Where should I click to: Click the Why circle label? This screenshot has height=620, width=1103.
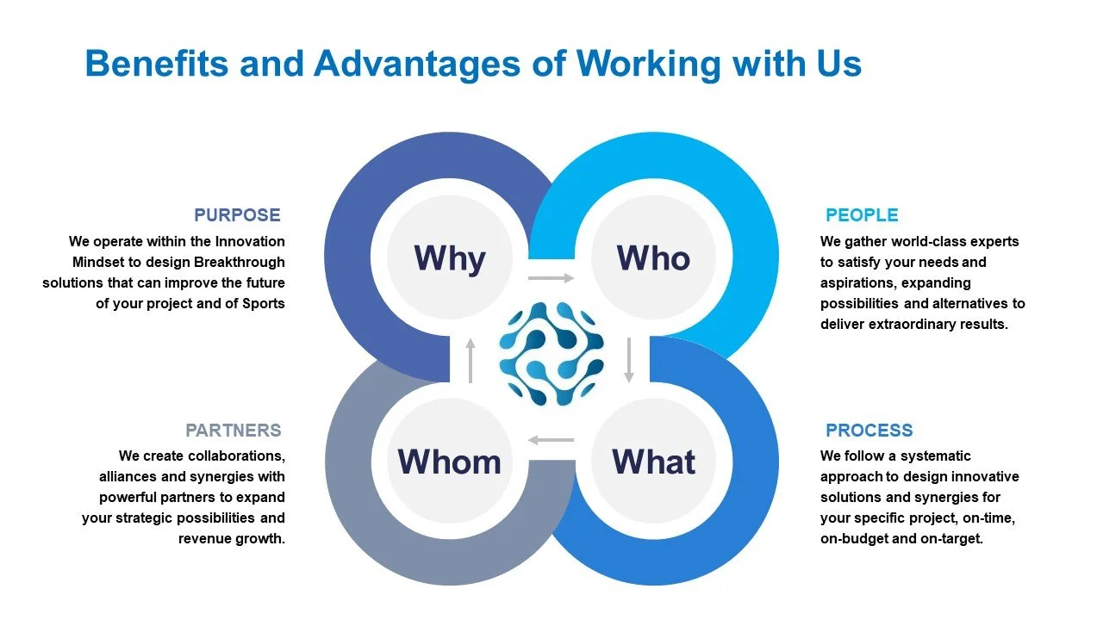449,258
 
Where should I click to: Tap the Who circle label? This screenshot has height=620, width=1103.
653,258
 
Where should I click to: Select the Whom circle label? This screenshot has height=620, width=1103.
449,462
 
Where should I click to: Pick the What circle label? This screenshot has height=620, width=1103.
653,462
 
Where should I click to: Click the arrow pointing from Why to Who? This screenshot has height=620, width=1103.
551,278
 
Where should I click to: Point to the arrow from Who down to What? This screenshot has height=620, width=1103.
629,360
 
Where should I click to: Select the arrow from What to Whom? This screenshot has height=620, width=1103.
551,440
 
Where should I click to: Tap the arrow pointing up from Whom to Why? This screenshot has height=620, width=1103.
470,360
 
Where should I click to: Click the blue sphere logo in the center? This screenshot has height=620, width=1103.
551,354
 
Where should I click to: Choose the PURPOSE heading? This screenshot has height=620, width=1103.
237,215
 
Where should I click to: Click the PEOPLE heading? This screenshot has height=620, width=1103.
862,215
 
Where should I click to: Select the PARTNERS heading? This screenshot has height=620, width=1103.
234,431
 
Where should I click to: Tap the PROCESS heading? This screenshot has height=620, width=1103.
869,431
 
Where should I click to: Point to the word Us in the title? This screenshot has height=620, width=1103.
833,64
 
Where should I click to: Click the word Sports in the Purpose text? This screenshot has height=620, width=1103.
264,304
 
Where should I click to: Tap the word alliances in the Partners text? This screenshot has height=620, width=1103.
127,476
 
